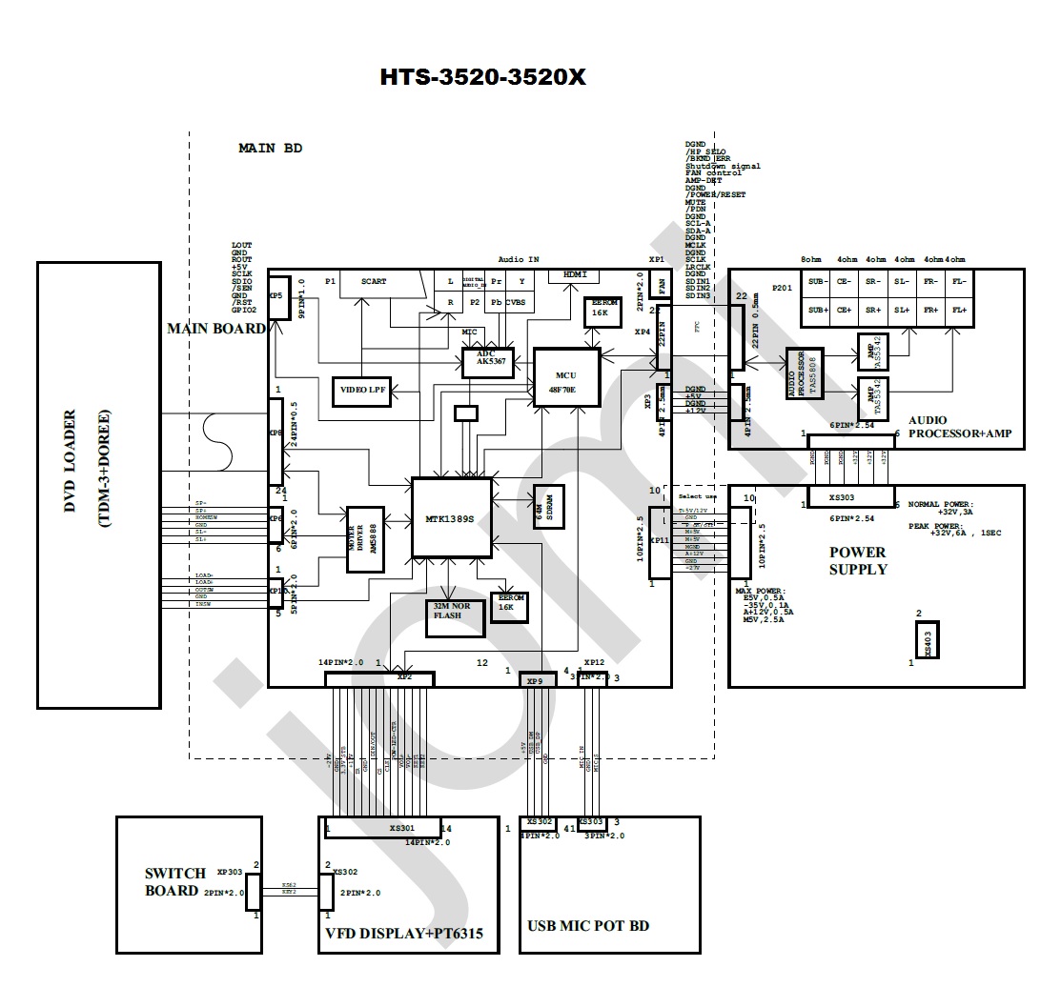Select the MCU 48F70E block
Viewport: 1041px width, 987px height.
[x=567, y=376]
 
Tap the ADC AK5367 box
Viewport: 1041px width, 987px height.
[x=488, y=362]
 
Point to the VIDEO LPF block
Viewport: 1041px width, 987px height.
[x=363, y=390]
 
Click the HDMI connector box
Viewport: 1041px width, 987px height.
[x=575, y=274]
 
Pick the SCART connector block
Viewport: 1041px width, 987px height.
[x=375, y=282]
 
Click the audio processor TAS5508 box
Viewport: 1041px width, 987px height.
[x=798, y=373]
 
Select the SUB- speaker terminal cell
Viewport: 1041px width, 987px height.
[x=816, y=282]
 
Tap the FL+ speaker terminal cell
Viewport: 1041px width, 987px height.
[x=959, y=311]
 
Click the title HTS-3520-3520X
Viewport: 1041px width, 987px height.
[x=483, y=77]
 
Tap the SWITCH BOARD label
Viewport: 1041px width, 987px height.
[x=174, y=882]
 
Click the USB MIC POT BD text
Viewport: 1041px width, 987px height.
[x=588, y=926]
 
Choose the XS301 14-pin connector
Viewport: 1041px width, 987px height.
[x=383, y=828]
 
